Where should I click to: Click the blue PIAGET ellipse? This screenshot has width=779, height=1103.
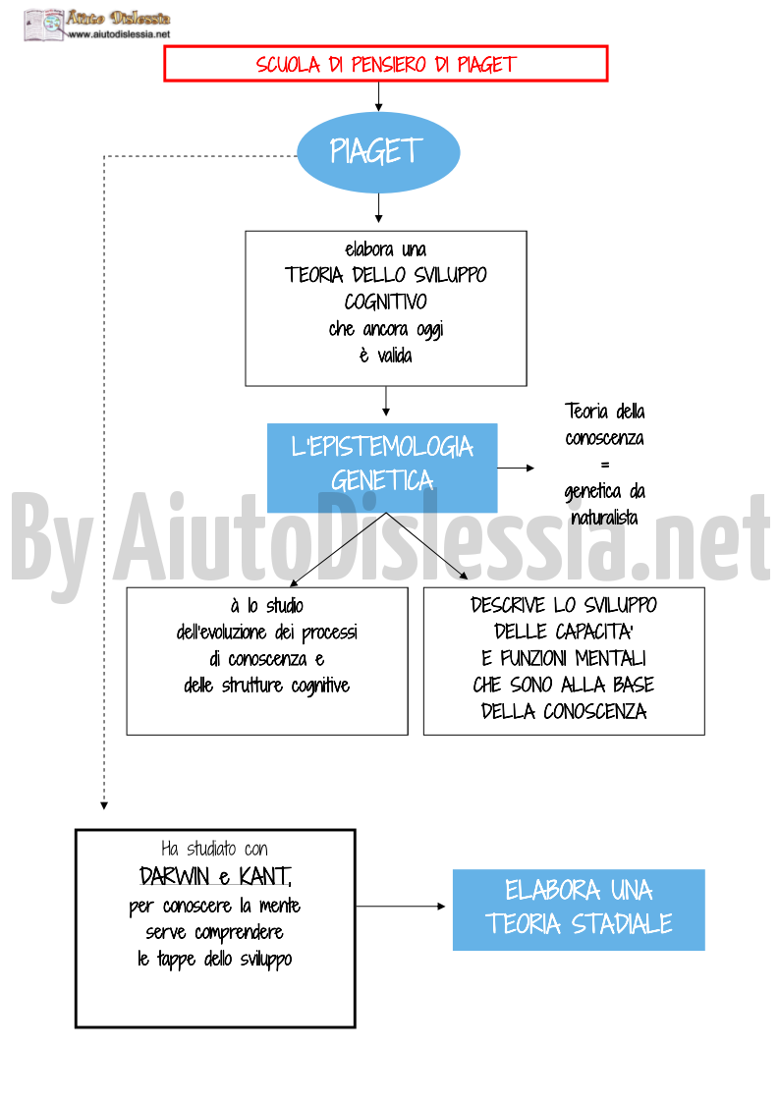[378, 152]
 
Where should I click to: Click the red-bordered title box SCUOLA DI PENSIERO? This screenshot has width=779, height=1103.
[386, 64]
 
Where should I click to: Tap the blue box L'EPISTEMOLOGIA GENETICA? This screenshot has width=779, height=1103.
[382, 468]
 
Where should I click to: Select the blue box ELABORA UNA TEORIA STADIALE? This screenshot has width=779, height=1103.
[579, 910]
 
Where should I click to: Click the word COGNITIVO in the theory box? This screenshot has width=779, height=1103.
[386, 302]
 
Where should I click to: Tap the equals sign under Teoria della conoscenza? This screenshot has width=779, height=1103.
[605, 465]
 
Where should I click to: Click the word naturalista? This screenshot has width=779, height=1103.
[604, 518]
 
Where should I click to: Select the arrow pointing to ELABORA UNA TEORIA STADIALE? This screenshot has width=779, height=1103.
[401, 906]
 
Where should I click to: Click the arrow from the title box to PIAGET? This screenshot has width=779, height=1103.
[378, 97]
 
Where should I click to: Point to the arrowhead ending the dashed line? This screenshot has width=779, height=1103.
[104, 805]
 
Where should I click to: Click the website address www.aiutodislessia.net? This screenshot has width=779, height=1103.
[120, 33]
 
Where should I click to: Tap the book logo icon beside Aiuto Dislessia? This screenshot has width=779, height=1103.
[43, 25]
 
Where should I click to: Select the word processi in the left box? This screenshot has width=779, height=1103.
[329, 634]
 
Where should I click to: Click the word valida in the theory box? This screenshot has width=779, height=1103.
[395, 356]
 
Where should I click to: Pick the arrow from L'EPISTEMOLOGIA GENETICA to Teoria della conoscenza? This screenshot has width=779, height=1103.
[516, 468]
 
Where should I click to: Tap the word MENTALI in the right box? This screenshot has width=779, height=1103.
[611, 658]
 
